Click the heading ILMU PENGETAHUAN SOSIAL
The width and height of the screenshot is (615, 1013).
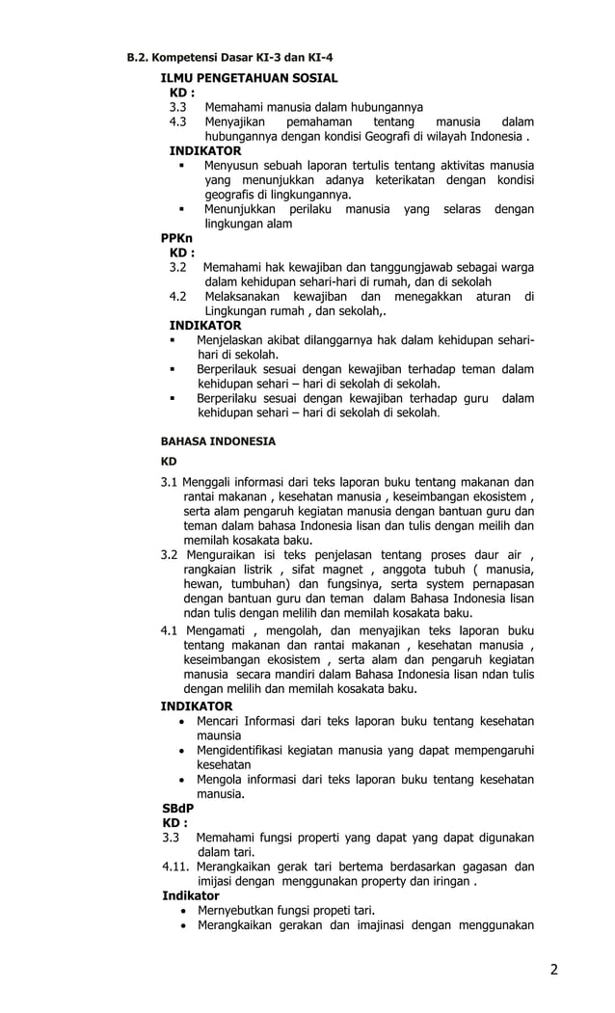[x=249, y=77]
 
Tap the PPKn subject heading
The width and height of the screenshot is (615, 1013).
[x=176, y=237]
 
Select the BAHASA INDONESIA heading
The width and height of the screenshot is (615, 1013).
[x=218, y=441]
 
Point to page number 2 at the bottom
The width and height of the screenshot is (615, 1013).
[x=553, y=970]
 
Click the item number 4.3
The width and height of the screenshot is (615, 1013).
[x=178, y=122]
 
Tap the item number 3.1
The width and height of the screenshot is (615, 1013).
[x=170, y=482]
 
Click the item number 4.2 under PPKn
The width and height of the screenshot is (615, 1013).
[x=178, y=296]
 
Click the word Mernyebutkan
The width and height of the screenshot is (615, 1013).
[x=239, y=910]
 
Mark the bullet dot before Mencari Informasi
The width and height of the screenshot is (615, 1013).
[x=184, y=722]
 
